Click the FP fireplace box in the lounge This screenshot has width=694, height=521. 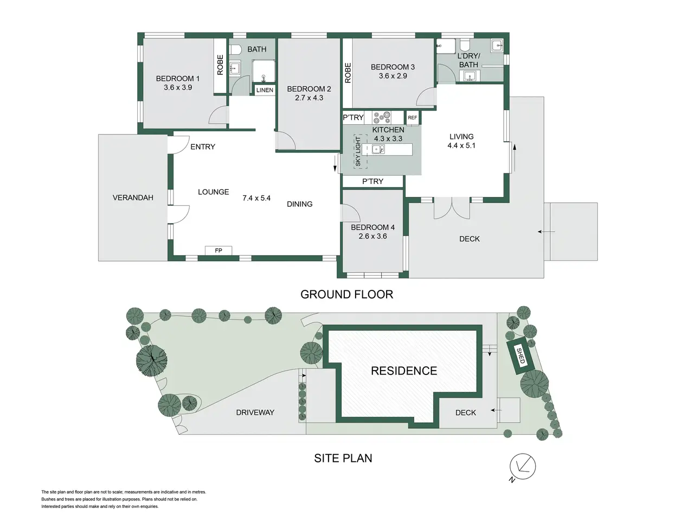click(219, 251)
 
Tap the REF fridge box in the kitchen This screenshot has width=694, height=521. click(412, 118)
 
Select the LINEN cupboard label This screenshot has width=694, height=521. click(265, 90)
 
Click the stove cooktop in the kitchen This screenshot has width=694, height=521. click(382, 117)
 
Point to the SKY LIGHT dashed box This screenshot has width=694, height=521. click(360, 151)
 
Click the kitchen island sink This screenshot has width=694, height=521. click(378, 149)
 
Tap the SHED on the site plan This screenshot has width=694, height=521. click(520, 355)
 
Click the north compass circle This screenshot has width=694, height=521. click(523, 467)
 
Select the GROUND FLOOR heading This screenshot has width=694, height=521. click(346, 295)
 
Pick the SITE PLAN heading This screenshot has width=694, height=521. click(343, 459)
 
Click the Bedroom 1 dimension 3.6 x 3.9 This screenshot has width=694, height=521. click(178, 87)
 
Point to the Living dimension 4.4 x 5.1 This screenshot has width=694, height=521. click(461, 146)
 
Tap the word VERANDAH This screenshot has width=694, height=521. click(133, 198)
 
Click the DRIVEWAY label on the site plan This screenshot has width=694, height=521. click(255, 412)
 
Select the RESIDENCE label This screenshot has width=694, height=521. click(404, 371)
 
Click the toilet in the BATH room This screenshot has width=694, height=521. click(235, 49)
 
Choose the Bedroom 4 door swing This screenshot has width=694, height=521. click(350, 213)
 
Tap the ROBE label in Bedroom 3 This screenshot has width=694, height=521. click(348, 73)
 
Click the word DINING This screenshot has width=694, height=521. click(299, 205)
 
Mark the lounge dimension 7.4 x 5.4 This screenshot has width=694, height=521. click(256, 198)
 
